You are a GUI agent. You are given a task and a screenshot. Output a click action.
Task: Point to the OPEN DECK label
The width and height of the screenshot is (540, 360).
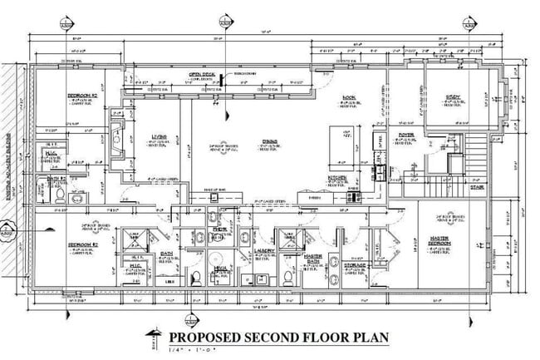202,74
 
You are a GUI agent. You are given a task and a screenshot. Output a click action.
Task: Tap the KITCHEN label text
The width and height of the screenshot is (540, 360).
340,177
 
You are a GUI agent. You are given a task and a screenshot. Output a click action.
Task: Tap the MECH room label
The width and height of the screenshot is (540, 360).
219,268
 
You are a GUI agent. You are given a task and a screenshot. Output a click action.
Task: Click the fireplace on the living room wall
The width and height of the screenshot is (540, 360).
118,132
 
